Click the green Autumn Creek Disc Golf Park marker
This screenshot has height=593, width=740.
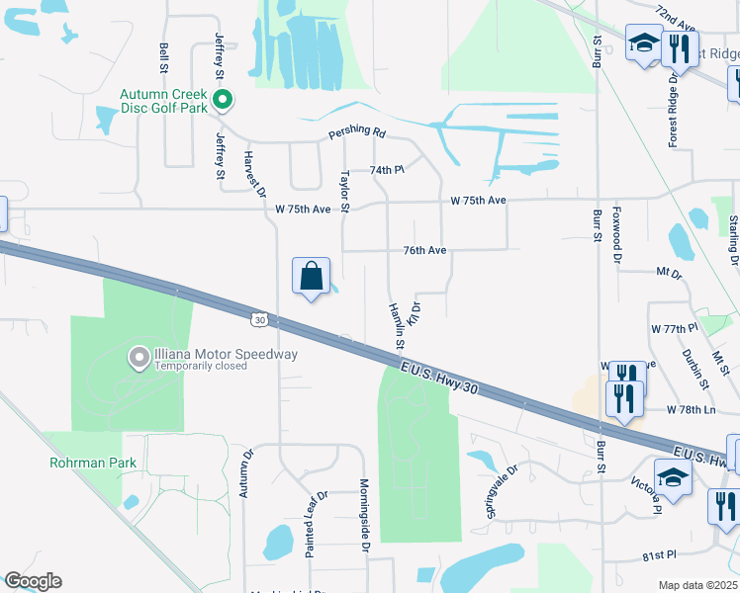[225, 99]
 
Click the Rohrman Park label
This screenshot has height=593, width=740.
[93, 463]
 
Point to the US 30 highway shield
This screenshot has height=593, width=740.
[259, 319]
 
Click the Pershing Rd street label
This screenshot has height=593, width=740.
[357, 133]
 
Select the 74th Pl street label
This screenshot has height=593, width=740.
[388, 170]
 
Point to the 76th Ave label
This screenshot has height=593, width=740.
[424, 251]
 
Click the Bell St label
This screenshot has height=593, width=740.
[163, 58]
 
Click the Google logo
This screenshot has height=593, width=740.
[33, 581]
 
